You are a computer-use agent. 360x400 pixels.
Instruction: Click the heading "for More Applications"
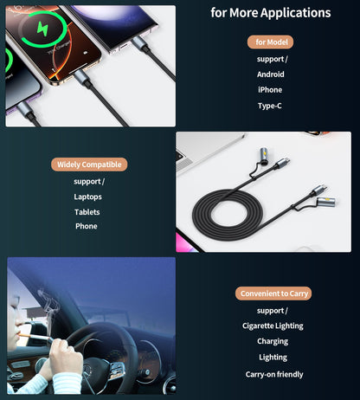[x=271, y=13]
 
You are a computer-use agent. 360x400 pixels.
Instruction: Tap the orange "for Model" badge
[x=270, y=42]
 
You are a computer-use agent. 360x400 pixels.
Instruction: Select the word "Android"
[x=270, y=74]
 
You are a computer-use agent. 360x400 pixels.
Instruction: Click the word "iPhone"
[x=270, y=90]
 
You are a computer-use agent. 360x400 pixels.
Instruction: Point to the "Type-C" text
[x=270, y=106]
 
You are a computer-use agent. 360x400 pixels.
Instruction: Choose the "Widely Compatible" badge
[x=90, y=165]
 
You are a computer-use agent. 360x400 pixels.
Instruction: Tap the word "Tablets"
[x=87, y=212]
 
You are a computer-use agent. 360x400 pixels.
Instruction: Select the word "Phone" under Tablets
[x=87, y=227]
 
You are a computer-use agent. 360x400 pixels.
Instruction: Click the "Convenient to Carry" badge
[x=273, y=294]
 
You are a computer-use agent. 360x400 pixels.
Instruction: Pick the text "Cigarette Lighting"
[x=273, y=326]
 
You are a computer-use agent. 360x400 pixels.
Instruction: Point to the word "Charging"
[x=273, y=341]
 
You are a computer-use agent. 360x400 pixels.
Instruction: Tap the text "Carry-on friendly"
[x=273, y=374]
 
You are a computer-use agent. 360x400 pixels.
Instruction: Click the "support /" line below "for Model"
[x=272, y=59]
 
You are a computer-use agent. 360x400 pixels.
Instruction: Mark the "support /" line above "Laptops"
[x=88, y=181]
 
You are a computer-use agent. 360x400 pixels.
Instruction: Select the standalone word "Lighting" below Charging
[x=273, y=358]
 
